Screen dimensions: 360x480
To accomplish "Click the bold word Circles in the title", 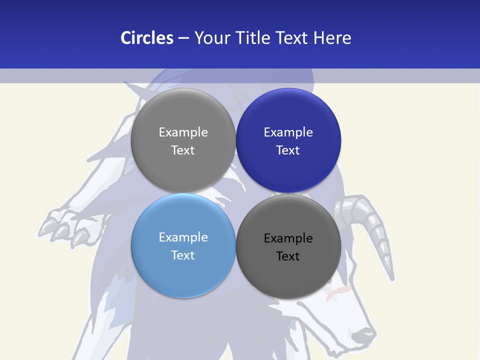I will click(146, 38).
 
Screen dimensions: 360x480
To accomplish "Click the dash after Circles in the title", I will click(183, 38).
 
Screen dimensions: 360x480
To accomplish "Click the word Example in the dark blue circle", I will click(288, 132).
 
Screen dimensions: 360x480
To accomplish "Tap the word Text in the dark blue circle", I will click(288, 150).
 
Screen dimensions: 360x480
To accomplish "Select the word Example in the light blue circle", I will click(183, 237).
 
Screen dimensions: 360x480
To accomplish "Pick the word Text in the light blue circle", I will click(183, 255).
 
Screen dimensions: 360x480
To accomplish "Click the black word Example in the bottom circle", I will click(288, 238).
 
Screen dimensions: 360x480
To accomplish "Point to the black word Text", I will click(288, 256).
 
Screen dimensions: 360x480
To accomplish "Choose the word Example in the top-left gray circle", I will click(183, 132).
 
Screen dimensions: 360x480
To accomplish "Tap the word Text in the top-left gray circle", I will click(183, 150).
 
